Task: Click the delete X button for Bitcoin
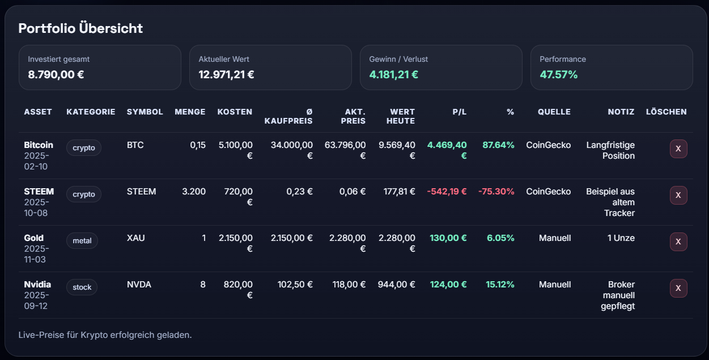[678, 149]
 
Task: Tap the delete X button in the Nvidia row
[678, 288]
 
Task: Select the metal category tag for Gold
[82, 241]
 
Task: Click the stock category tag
[82, 287]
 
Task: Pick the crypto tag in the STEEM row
[84, 194]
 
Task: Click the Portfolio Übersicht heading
[80, 28]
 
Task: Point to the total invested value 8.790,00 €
[56, 74]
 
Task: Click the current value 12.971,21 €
[226, 74]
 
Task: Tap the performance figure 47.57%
[559, 74]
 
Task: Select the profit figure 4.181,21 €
[393, 74]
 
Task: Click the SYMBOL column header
[145, 112]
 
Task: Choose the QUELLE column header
[554, 112]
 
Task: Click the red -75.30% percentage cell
[496, 192]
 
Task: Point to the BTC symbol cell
[135, 145]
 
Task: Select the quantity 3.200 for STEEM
[194, 192]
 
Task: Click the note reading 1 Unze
[621, 238]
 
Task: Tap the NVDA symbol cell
[139, 285]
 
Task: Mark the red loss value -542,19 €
[447, 192]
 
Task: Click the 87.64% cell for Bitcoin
[498, 145]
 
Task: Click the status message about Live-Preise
[105, 335]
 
